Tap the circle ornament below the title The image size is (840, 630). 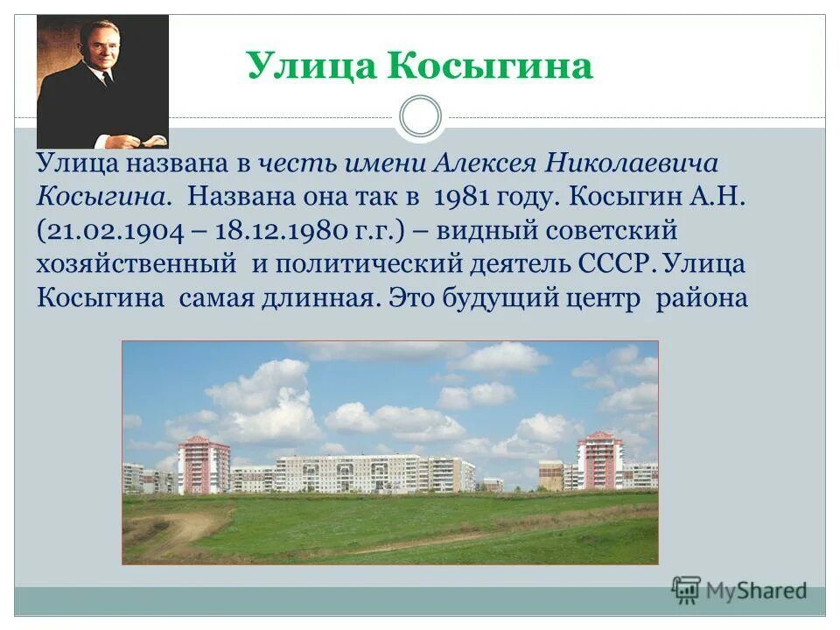coord(420,117)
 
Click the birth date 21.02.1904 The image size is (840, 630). coord(110,232)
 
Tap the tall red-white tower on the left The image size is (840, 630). coord(203,464)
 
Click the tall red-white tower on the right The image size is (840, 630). coord(599,459)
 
